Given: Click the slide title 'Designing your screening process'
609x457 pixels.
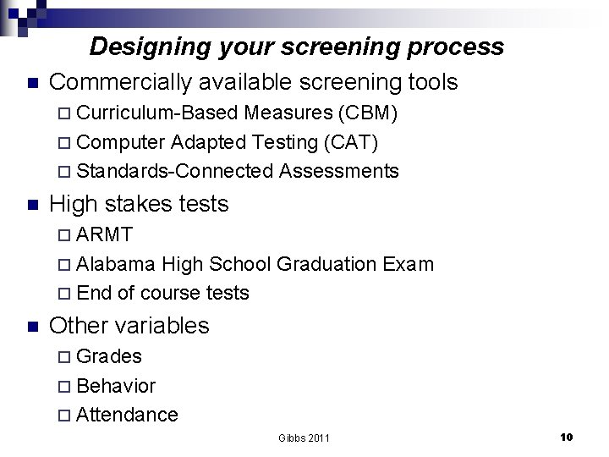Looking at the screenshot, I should (296, 46).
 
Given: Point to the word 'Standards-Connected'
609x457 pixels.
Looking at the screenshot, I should (175, 171).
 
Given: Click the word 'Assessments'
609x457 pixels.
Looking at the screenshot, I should (338, 171).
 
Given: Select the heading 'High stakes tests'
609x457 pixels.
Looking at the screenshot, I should (139, 204).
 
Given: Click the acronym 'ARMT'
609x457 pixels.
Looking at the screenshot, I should (104, 234).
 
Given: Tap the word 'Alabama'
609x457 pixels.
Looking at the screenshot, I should (115, 264).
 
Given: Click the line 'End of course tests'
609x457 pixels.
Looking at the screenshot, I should (162, 293).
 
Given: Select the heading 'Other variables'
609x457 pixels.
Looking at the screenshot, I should (129, 326).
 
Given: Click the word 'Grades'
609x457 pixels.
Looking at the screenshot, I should (109, 356).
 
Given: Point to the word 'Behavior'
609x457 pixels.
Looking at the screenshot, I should (116, 386).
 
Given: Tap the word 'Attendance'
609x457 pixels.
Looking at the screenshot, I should (127, 415).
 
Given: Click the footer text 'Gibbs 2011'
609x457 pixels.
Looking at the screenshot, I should (304, 438).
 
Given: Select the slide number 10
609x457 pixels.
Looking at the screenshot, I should (567, 437).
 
